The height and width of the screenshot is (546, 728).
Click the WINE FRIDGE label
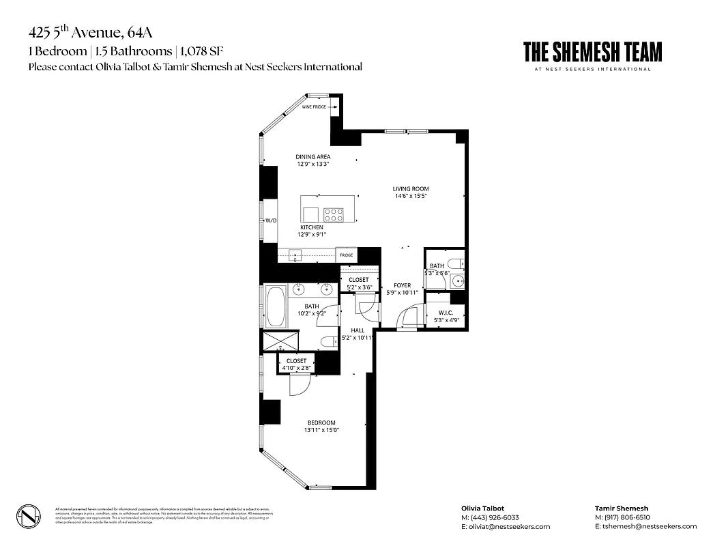click(x=315, y=107)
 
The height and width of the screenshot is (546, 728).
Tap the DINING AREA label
click(x=313, y=157)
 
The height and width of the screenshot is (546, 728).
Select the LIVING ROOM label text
click(x=410, y=189)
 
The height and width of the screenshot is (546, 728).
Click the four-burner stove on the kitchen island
click(x=334, y=215)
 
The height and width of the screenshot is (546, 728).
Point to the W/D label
click(x=271, y=220)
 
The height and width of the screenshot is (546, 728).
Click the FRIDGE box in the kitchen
click(x=347, y=255)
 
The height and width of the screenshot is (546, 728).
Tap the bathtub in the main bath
click(x=276, y=306)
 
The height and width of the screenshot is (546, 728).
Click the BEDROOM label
click(x=321, y=423)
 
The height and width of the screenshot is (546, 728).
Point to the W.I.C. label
click(x=437, y=313)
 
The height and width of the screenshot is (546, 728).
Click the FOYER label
click(x=403, y=285)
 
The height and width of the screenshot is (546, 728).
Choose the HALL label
click(x=358, y=330)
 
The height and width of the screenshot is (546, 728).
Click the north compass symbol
click(x=28, y=515)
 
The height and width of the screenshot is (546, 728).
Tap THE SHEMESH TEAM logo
click(x=592, y=53)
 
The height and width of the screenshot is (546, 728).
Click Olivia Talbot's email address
click(x=506, y=526)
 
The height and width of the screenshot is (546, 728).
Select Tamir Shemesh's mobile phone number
click(x=622, y=517)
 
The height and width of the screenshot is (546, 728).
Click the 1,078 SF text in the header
click(x=205, y=51)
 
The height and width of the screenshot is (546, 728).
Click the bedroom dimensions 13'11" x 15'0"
click(x=321, y=431)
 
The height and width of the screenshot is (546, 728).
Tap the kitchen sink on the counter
click(x=295, y=255)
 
